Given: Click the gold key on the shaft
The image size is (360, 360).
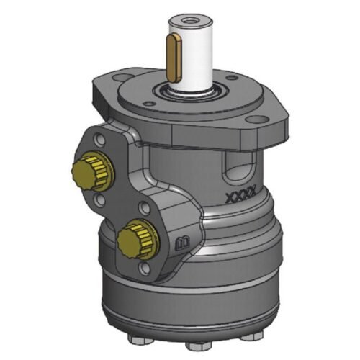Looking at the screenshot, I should [x=174, y=57].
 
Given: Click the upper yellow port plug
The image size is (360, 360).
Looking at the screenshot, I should [x=89, y=171].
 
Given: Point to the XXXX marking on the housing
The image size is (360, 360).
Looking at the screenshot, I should [x=237, y=196].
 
